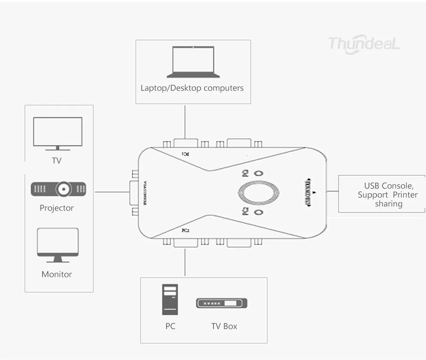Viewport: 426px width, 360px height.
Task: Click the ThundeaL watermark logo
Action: tap(364, 43)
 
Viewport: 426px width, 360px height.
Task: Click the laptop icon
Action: tap(193, 62)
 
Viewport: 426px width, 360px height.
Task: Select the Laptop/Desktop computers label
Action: tap(192, 88)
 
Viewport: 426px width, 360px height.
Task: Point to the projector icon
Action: tap(58, 189)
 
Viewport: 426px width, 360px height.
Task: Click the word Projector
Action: tap(57, 208)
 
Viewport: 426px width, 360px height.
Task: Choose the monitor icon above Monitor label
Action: tap(58, 244)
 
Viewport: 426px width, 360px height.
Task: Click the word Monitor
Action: tap(57, 274)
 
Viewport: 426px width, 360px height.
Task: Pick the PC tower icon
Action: tap(170, 300)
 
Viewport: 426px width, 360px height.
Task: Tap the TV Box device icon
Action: tap(222, 303)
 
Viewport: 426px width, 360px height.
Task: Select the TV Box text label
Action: tap(224, 326)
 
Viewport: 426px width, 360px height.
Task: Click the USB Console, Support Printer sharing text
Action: tap(388, 194)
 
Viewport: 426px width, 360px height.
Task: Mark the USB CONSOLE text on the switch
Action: tap(308, 192)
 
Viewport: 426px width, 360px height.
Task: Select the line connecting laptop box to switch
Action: tap(185, 121)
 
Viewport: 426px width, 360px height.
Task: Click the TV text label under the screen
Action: tap(57, 161)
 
